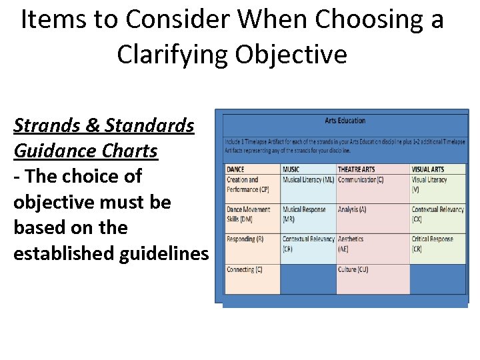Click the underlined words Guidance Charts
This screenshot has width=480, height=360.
pyautogui.click(x=85, y=151)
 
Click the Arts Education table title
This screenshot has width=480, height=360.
pyautogui.click(x=345, y=121)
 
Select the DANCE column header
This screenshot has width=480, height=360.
pyautogui.click(x=236, y=169)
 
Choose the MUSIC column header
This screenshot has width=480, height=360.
pyautogui.click(x=291, y=169)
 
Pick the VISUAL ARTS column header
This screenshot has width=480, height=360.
pyautogui.click(x=428, y=169)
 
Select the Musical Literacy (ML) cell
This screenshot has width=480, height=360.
pyautogui.click(x=308, y=180)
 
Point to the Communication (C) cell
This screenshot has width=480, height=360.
pyautogui.click(x=361, y=180)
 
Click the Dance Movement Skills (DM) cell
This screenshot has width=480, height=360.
pyautogui.click(x=249, y=213)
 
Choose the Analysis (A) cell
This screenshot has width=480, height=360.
pyautogui.click(x=352, y=209)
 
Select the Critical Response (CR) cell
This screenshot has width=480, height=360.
pyautogui.click(x=433, y=243)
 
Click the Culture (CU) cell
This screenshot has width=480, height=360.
pyautogui.click(x=353, y=270)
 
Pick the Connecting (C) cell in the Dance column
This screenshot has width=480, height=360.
pyautogui.click(x=244, y=270)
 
